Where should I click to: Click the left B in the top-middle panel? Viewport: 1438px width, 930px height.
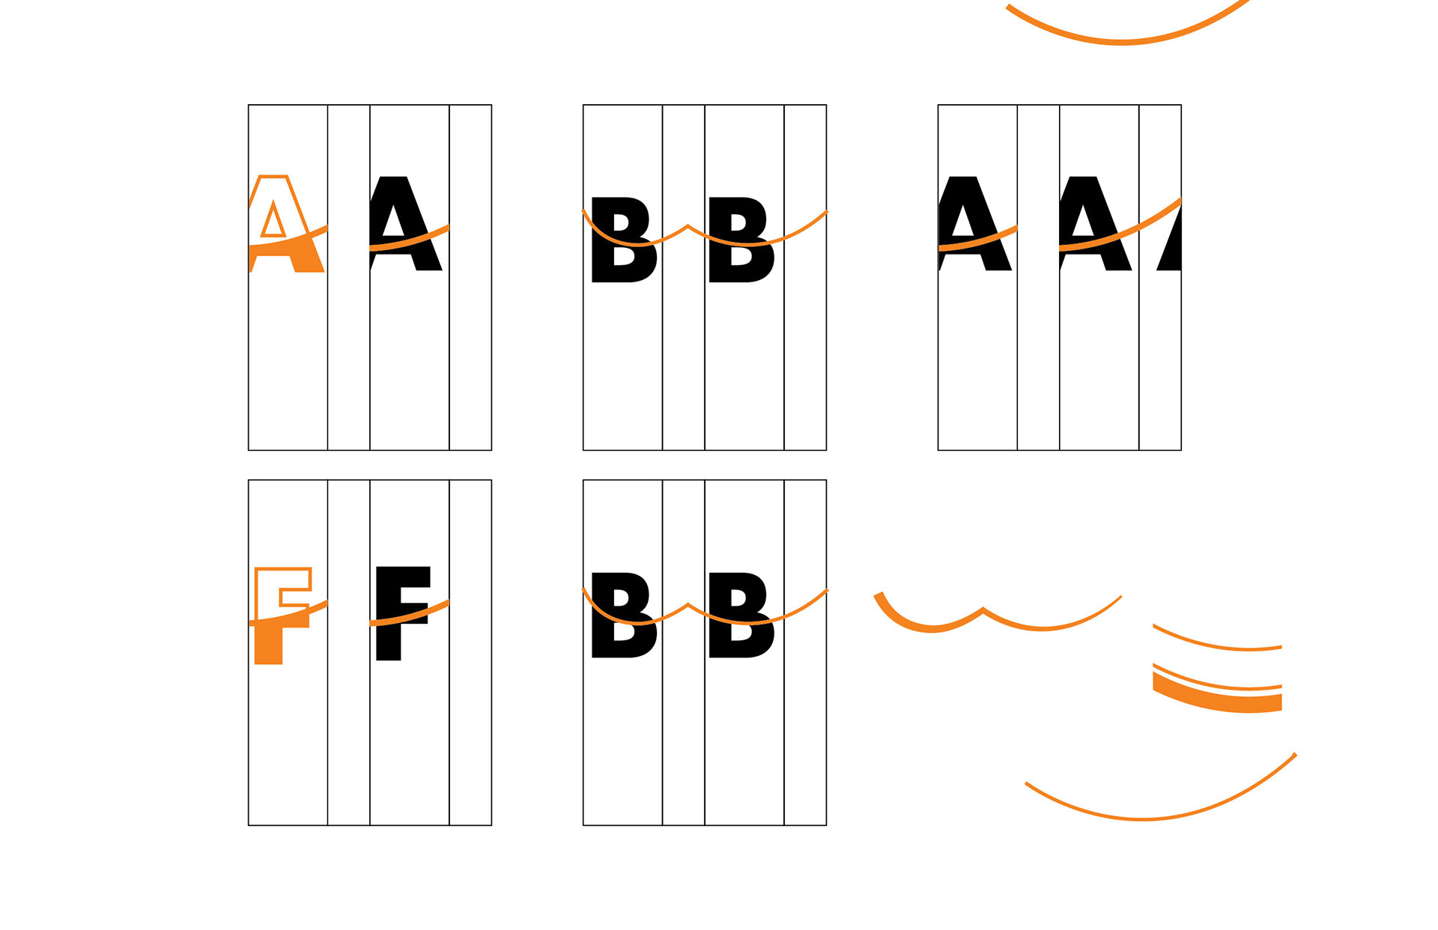624,240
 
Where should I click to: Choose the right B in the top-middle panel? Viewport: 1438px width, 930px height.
741,240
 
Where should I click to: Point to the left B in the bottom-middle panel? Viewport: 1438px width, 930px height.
624,615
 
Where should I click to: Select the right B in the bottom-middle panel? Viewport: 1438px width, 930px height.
741,615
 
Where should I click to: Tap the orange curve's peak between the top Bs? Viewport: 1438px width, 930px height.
688,225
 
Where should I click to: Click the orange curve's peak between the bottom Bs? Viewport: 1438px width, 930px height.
688,604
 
